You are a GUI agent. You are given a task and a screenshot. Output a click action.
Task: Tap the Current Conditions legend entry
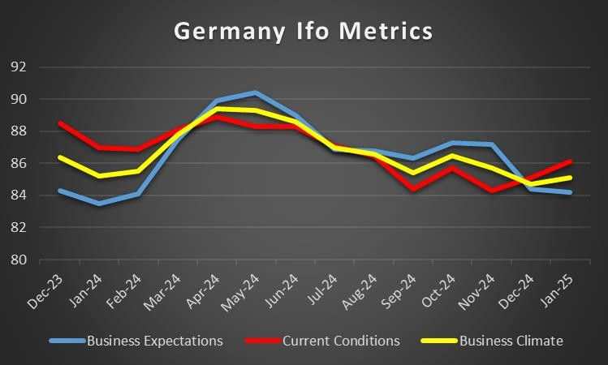(341, 341)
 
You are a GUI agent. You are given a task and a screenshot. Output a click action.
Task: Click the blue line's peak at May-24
(256, 92)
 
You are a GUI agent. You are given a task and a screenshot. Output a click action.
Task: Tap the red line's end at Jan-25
(571, 161)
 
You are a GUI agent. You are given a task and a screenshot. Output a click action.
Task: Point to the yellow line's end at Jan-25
(571, 178)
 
